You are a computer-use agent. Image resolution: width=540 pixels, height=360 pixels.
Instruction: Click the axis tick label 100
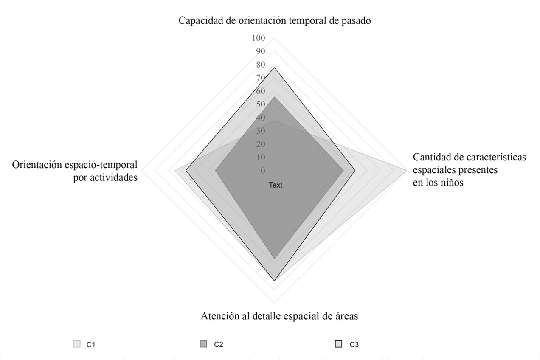tap(258, 38)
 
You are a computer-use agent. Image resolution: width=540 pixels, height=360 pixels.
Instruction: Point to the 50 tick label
tap(260, 104)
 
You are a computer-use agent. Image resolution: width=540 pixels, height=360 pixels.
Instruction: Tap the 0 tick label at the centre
tap(262, 171)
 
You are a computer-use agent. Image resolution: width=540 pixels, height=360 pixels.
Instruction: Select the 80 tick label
tap(260, 65)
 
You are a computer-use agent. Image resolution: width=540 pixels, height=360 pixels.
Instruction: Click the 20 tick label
tap(260, 144)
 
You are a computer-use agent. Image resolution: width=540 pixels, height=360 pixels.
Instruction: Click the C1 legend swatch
tap(77, 344)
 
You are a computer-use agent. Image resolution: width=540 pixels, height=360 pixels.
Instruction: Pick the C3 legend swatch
tap(338, 344)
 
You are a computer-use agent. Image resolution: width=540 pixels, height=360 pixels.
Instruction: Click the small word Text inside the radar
tap(275, 185)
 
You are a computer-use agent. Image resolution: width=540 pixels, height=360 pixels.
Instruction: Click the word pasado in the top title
tap(357, 21)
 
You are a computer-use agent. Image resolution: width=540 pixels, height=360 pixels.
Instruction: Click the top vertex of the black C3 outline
tap(275, 67)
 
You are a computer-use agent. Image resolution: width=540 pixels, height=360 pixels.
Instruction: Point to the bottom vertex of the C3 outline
tap(275, 281)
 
